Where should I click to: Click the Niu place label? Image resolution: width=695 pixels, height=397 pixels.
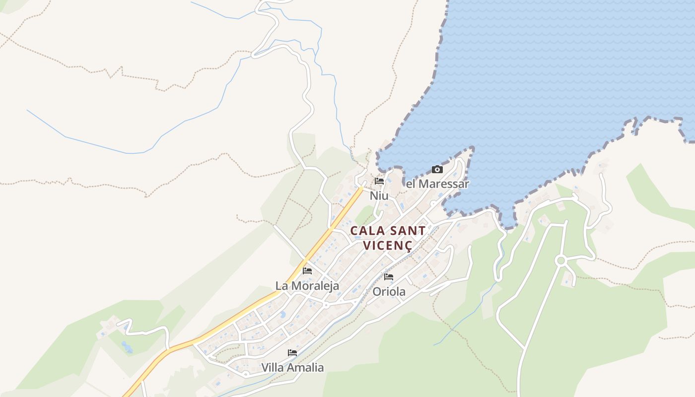click(379, 196)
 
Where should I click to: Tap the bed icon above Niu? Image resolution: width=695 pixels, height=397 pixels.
click(379, 182)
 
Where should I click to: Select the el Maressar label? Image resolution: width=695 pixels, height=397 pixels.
click(437, 184)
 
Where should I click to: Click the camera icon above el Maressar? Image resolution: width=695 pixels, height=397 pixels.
click(437, 170)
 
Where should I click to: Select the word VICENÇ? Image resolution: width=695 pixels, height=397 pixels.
click(388, 245)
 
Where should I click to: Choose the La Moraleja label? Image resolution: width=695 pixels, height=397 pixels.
click(307, 286)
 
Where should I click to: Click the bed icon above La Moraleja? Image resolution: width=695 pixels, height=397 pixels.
click(307, 271)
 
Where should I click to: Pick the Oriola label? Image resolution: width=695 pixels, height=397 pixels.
click(389, 292)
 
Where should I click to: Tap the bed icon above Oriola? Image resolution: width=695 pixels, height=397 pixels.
click(389, 277)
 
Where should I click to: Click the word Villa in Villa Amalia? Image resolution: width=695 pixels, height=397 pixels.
click(274, 368)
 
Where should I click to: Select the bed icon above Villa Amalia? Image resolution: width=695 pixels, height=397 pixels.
click(292, 353)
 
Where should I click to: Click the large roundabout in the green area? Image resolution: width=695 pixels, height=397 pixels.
click(561, 261)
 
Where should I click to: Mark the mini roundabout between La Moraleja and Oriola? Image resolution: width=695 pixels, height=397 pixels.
click(326, 306)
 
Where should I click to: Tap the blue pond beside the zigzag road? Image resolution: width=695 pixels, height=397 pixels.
click(127, 347)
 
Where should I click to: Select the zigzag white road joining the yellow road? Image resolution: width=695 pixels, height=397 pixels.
click(144, 330)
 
